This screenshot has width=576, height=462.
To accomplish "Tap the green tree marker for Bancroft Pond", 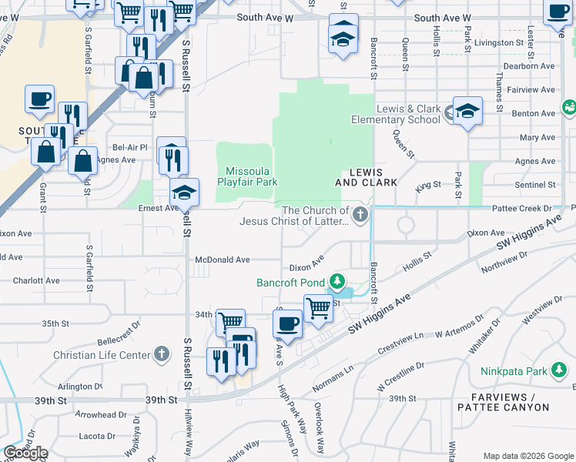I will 337,280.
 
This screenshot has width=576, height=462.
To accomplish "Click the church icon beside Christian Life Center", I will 160,354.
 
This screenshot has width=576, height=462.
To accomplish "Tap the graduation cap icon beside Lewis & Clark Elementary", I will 467,112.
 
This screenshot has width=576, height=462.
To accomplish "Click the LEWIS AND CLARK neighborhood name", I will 366,177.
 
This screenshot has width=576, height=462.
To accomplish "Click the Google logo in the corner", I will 25,453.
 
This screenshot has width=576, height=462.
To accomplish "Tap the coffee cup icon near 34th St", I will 288,324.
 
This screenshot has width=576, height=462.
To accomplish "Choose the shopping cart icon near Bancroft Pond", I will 317,308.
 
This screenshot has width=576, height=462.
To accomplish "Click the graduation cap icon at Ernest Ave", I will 185,192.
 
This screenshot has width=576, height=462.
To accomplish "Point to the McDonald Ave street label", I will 222,260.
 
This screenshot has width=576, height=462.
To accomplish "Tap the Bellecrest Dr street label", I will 122,337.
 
